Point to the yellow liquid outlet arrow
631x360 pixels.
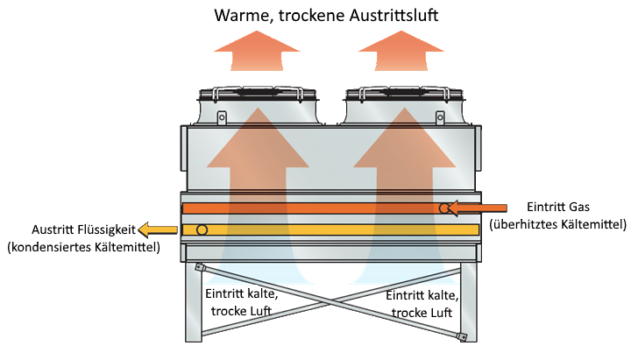pos(159,229)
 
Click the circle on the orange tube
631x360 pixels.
pos(445,208)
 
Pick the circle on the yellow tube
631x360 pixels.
pos(202,229)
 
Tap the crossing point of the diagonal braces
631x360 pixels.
pos(330,300)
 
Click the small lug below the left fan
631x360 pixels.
pos(222,116)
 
